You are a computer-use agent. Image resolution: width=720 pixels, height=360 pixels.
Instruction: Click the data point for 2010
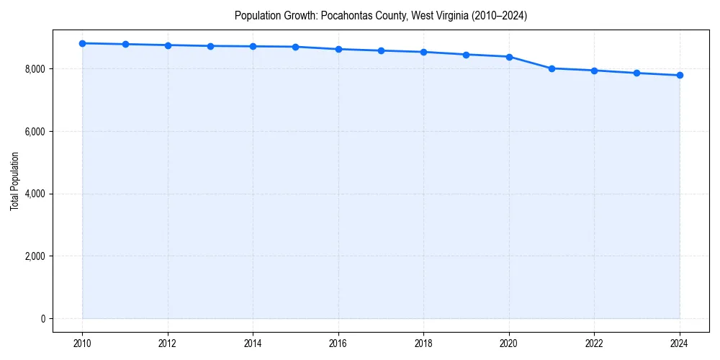coord(83,43)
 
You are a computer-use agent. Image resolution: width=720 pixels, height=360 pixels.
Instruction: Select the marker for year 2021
coord(552,68)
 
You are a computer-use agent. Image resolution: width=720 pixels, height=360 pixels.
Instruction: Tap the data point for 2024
coord(680,75)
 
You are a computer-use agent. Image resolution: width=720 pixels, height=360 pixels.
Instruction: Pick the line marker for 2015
coord(296,47)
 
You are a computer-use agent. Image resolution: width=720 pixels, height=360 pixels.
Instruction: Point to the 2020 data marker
coord(509,56)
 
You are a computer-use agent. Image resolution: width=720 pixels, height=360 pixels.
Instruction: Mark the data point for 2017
coord(381,50)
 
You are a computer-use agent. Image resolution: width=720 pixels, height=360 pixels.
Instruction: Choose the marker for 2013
coord(210,46)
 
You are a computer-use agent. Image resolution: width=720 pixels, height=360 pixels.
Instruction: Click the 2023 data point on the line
coord(637,73)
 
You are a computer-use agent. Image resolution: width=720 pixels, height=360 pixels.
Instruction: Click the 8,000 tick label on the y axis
coord(33,69)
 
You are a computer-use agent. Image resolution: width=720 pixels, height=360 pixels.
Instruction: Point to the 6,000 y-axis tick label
coord(33,132)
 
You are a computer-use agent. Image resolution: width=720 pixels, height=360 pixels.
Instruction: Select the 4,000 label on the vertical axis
coord(33,194)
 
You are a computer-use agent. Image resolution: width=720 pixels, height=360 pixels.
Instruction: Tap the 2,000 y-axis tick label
coord(33,256)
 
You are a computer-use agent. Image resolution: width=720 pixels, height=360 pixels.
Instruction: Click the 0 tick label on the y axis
coord(42,319)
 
